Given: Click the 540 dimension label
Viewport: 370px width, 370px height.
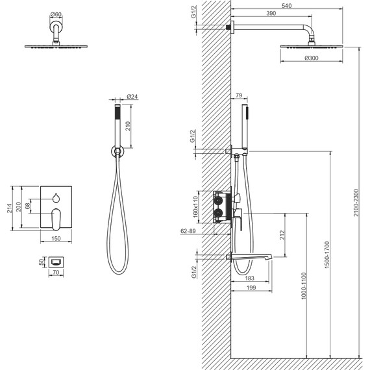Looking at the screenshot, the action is (286, 5).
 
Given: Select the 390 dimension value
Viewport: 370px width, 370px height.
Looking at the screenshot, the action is (271, 14).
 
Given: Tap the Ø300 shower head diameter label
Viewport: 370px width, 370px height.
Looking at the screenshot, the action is (311, 58).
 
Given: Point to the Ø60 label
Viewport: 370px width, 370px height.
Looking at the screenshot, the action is (56, 14).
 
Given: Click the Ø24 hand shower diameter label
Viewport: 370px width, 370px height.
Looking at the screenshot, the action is (132, 97).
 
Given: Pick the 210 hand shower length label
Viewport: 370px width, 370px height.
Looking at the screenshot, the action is (128, 126).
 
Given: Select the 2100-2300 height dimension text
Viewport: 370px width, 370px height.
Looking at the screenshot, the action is (356, 203).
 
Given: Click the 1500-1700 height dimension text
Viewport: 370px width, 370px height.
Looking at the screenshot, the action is (327, 254).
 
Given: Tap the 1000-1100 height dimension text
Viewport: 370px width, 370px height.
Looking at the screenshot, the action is (304, 286).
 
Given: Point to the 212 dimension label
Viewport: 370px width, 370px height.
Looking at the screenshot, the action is (282, 235).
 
